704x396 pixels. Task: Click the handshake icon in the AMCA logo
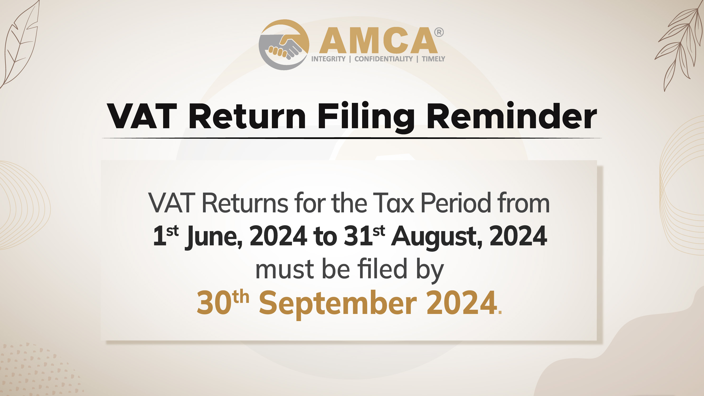pyautogui.click(x=284, y=45)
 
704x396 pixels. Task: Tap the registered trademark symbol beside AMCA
pyautogui.click(x=439, y=32)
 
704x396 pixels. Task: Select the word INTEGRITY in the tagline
pyautogui.click(x=328, y=59)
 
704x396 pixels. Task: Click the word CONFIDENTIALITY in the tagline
pyautogui.click(x=384, y=59)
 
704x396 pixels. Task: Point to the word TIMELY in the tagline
pyautogui.click(x=433, y=59)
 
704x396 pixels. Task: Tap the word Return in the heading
pyautogui.click(x=247, y=116)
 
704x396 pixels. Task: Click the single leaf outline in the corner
pyautogui.click(x=21, y=44)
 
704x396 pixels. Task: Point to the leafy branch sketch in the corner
pyautogui.click(x=681, y=46)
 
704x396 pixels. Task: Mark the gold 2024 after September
pyautogui.click(x=462, y=303)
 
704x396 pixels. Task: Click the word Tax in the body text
pyautogui.click(x=394, y=203)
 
